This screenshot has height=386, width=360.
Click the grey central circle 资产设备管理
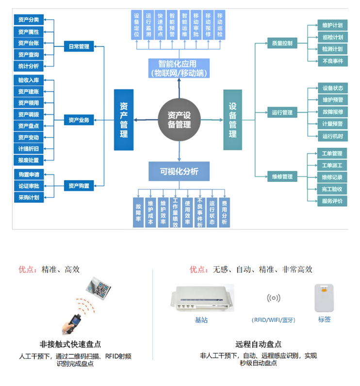coord(179,120)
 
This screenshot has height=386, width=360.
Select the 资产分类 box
coord(29,20)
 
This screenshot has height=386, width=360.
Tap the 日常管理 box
coord(79,46)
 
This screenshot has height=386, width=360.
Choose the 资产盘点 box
coord(29,126)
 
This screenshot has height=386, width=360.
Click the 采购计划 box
coord(29,197)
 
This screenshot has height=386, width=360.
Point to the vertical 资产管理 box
coord(124,120)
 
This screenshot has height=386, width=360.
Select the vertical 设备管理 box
coord(233,120)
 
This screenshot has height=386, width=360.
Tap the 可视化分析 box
coord(179,171)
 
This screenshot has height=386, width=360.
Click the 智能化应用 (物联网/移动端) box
coord(179,68)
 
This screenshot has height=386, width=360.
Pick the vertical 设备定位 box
coord(137,25)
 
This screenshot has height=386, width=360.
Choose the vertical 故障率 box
coord(138,212)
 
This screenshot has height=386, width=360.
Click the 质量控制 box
coord(282,43)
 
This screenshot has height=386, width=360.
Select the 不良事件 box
coord(333,61)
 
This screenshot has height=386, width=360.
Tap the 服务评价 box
coord(332,201)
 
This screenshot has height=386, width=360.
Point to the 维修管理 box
coord(282,177)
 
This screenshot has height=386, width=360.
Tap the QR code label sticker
coord(98,289)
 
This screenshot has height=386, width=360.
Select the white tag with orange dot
coord(324,298)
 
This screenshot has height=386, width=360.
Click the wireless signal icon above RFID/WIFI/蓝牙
coord(274,298)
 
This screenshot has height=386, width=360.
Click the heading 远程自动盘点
coord(258,344)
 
